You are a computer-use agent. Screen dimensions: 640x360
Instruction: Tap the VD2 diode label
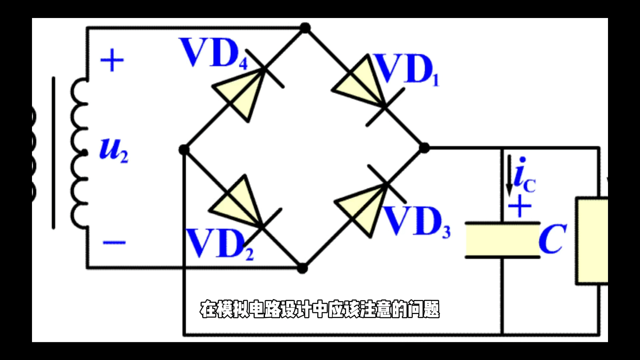[220, 244]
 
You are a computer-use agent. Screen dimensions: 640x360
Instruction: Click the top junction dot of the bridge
[305, 28]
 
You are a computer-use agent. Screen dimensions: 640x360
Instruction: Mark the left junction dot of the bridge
[184, 150]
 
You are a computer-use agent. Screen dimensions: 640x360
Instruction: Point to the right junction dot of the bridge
[424, 148]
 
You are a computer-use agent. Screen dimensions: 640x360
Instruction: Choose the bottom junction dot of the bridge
[302, 268]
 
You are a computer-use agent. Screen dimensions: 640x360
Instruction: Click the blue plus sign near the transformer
[112, 60]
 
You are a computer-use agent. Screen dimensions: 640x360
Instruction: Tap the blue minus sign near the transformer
[114, 242]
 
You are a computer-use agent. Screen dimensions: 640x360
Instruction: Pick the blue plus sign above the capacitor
[520, 206]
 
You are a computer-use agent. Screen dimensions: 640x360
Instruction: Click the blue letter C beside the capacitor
[553, 239]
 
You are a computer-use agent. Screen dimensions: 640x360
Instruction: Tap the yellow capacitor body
[503, 240]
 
